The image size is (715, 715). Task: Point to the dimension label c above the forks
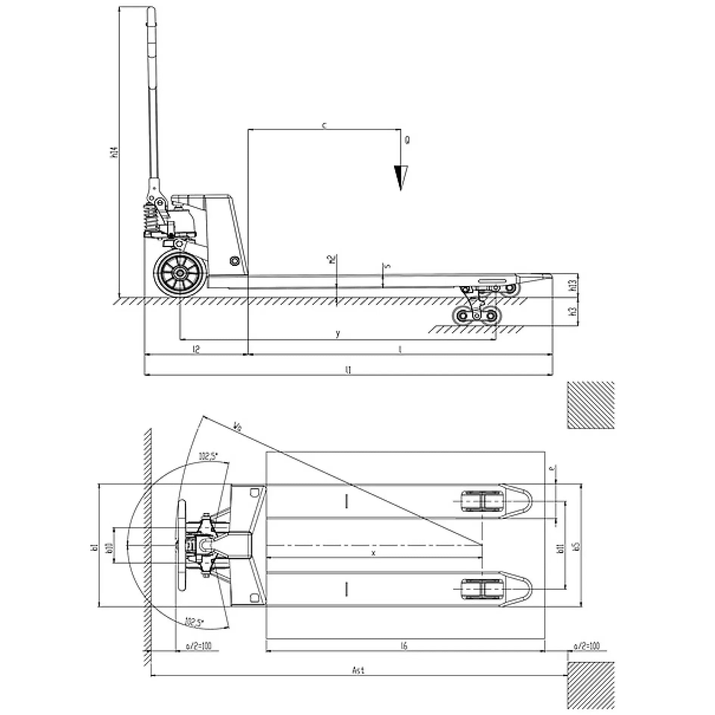(x=324, y=125)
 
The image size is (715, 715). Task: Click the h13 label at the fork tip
(x=574, y=285)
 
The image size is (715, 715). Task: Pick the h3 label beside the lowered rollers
(x=574, y=311)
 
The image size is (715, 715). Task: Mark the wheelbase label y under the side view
(x=338, y=333)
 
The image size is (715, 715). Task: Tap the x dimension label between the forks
(x=374, y=553)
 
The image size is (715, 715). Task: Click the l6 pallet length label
(x=404, y=646)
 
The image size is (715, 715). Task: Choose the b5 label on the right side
(x=576, y=546)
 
